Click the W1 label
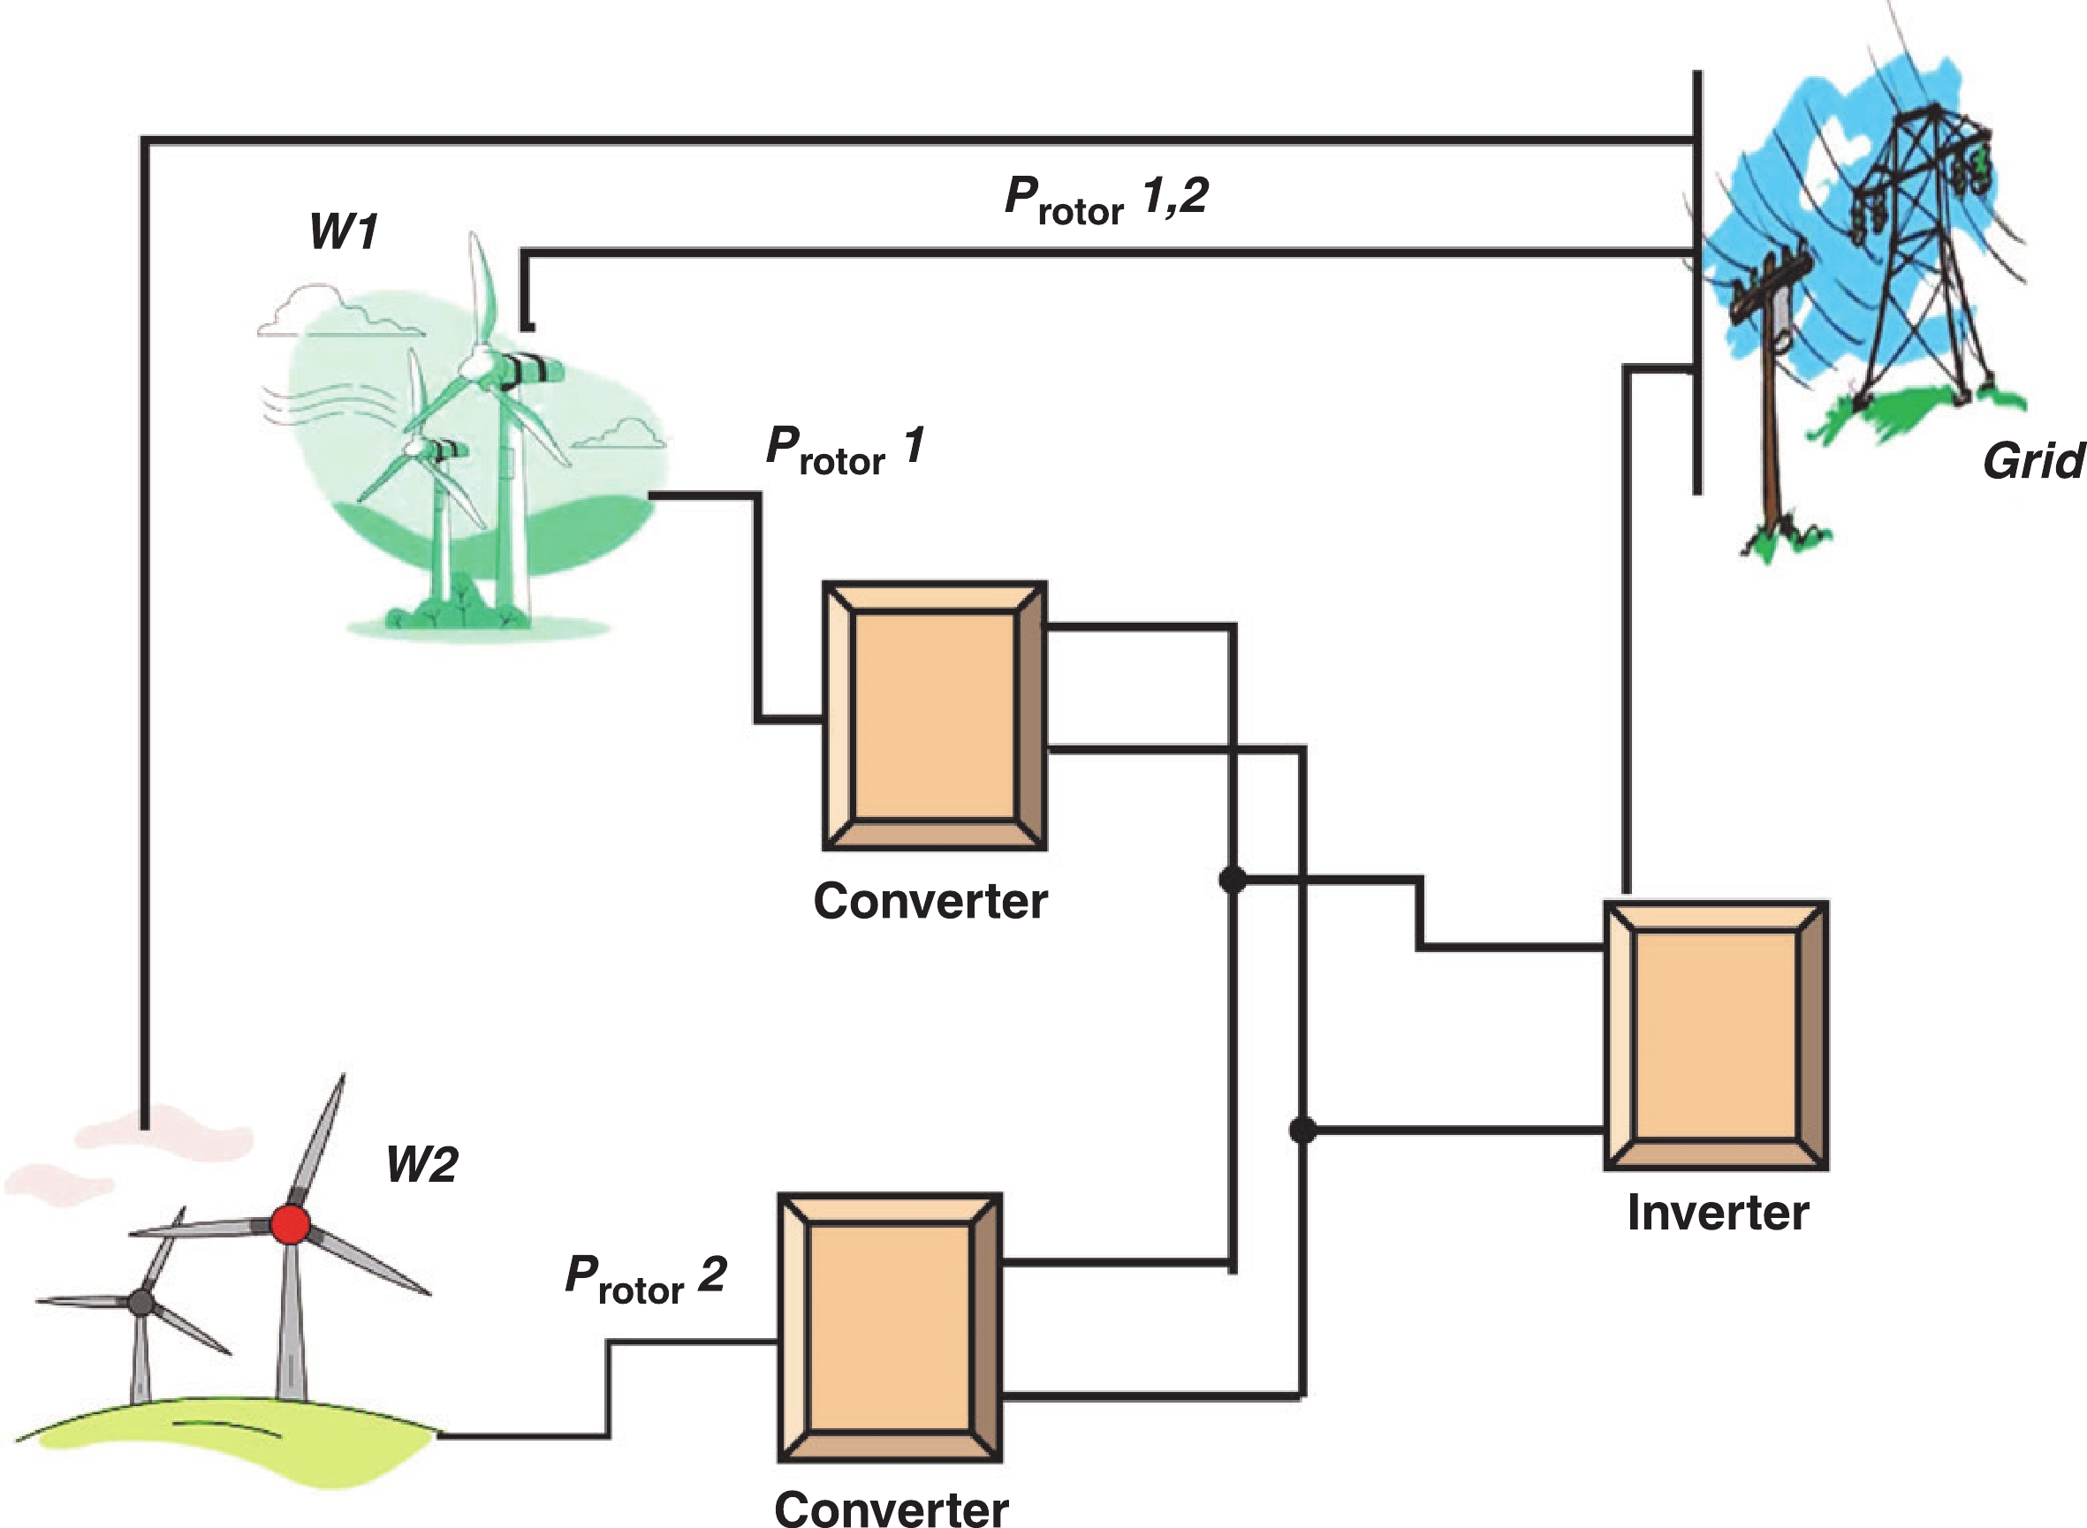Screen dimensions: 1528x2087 point(343,231)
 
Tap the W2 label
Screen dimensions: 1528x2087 point(421,1163)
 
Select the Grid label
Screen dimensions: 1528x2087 point(2032,461)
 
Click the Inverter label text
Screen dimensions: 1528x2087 point(1717,1213)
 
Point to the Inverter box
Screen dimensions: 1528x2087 point(1716,1036)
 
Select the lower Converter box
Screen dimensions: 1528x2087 point(890,1328)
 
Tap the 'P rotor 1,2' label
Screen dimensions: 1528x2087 point(1106,199)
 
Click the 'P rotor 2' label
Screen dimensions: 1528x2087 point(646,1279)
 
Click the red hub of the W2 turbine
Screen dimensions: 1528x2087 point(291,1225)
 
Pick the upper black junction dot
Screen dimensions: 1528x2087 point(1233,880)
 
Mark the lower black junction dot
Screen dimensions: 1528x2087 point(1302,1130)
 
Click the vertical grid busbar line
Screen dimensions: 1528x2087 point(1697,277)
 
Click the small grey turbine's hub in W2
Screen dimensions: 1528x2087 point(140,1302)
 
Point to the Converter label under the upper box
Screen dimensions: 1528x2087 point(930,901)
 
